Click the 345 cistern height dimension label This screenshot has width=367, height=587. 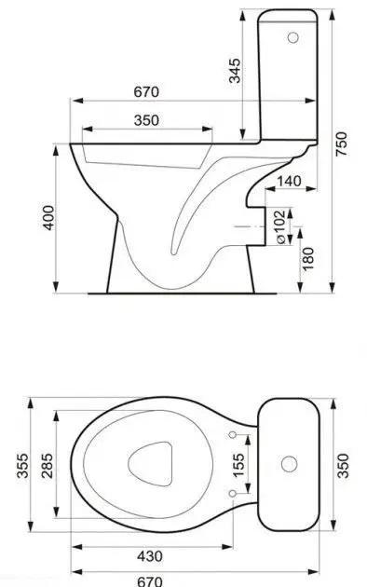coord(235,71)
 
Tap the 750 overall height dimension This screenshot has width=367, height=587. coord(341,144)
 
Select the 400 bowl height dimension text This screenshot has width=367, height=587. coord(48,217)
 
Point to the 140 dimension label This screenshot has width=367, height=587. coord(289,181)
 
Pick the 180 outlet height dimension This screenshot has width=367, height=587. coord(307,259)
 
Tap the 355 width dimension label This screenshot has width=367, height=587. coord(22,466)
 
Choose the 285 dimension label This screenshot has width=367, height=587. coord(48,466)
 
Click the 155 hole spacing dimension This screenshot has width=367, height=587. coord(238,465)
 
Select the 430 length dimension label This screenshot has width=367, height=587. coord(150,556)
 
